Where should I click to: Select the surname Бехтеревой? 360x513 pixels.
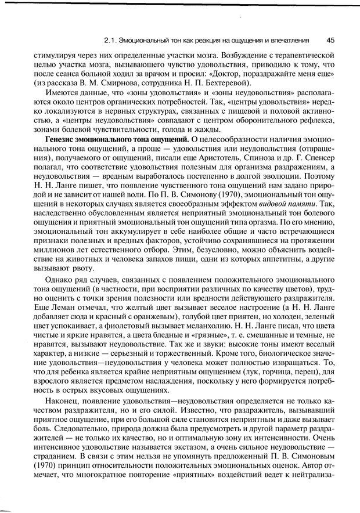tap(209, 84)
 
